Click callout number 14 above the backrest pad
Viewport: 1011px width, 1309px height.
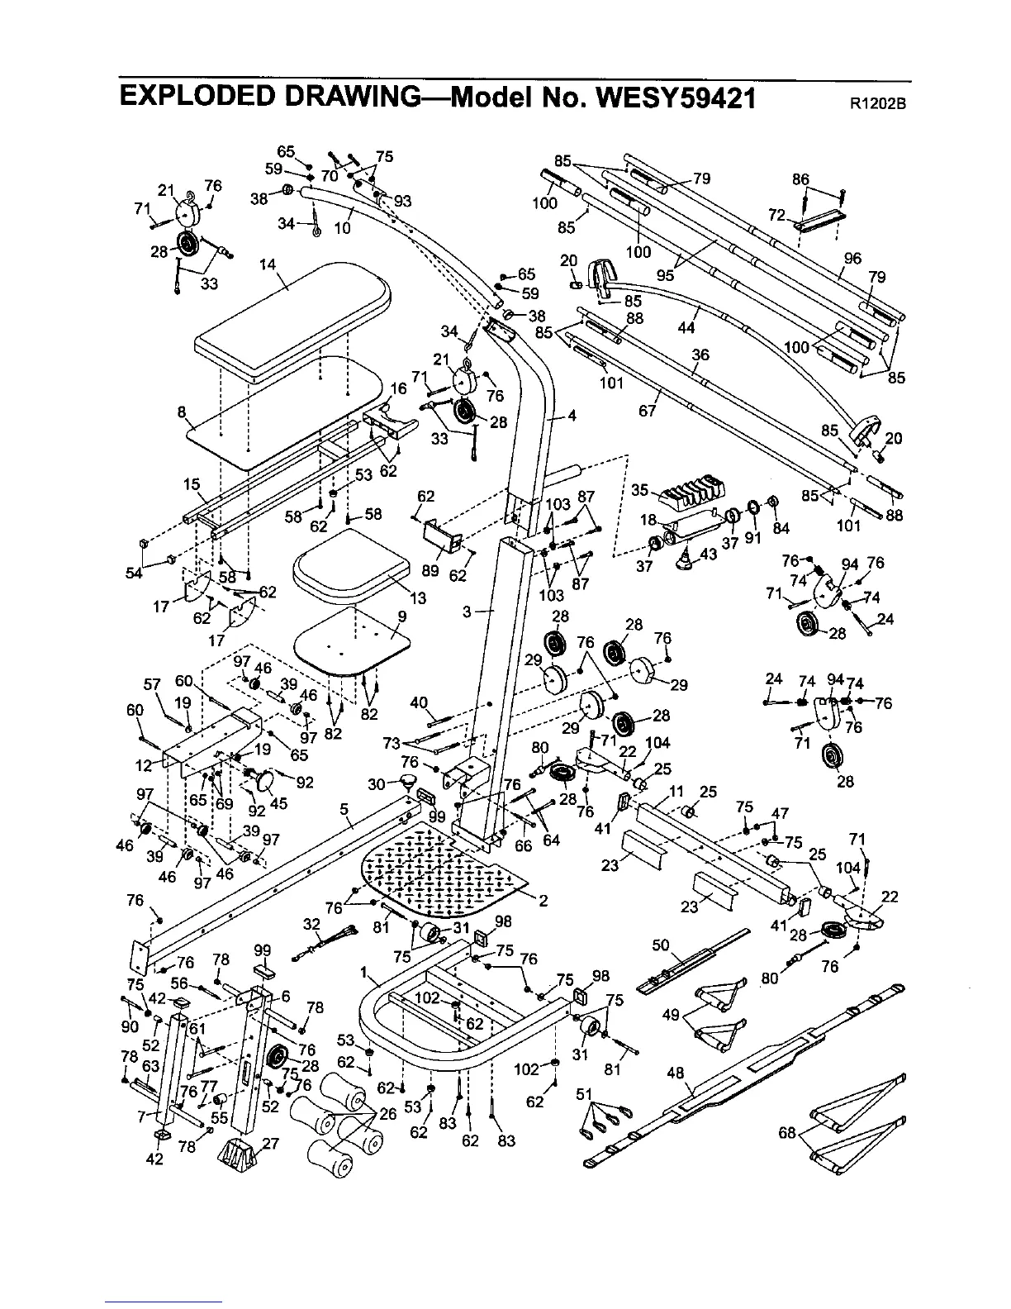pos(267,265)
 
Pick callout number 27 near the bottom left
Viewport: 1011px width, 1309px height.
pos(270,1144)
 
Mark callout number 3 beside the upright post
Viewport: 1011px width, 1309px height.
pos(468,612)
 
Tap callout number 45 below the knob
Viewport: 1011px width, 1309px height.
pos(278,803)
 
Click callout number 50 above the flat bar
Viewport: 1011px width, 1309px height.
pos(660,945)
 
